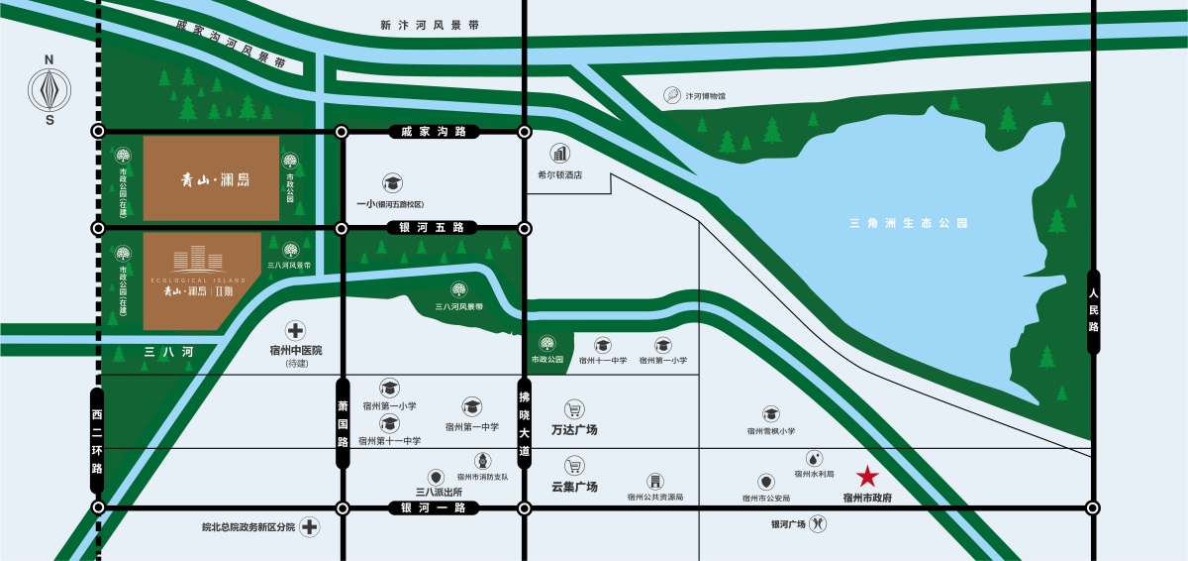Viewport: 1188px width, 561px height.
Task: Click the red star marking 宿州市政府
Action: coord(867,477)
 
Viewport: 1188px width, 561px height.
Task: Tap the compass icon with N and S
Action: coord(49,91)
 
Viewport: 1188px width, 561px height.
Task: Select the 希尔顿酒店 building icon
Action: coord(561,154)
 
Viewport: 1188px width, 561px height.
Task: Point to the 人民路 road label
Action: coord(1093,311)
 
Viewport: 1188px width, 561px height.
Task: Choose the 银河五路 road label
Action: coord(433,228)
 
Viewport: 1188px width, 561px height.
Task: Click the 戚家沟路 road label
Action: coord(433,131)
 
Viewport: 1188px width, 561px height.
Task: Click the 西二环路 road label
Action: coord(97,440)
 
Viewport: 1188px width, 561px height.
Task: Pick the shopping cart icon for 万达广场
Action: coord(573,408)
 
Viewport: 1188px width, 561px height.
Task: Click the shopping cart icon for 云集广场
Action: coord(573,465)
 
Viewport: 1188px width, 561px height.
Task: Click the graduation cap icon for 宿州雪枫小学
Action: coord(770,413)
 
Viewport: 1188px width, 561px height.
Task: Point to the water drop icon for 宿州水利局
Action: coord(813,458)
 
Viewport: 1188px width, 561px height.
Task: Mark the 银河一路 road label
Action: coord(433,507)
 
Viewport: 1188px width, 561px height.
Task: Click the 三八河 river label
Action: coord(166,352)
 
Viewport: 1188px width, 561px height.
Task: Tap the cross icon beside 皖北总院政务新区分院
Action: coord(310,526)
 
